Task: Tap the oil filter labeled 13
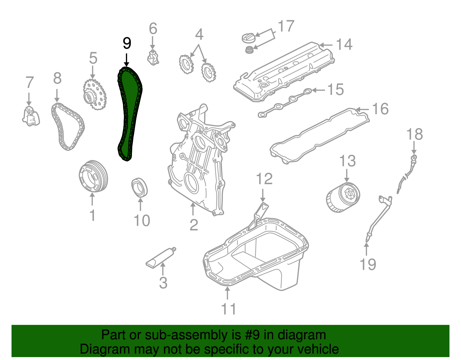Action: click(x=343, y=198)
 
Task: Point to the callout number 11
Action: click(x=228, y=309)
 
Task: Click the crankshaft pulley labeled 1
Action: click(x=93, y=176)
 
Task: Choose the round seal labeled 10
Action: click(x=139, y=187)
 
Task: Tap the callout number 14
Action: click(x=344, y=45)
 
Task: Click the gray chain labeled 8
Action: click(x=68, y=127)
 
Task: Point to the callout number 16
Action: click(x=380, y=109)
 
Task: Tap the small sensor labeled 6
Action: click(x=153, y=57)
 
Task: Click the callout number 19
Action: click(x=368, y=264)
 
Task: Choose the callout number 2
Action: click(x=194, y=225)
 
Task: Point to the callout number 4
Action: click(x=199, y=34)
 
